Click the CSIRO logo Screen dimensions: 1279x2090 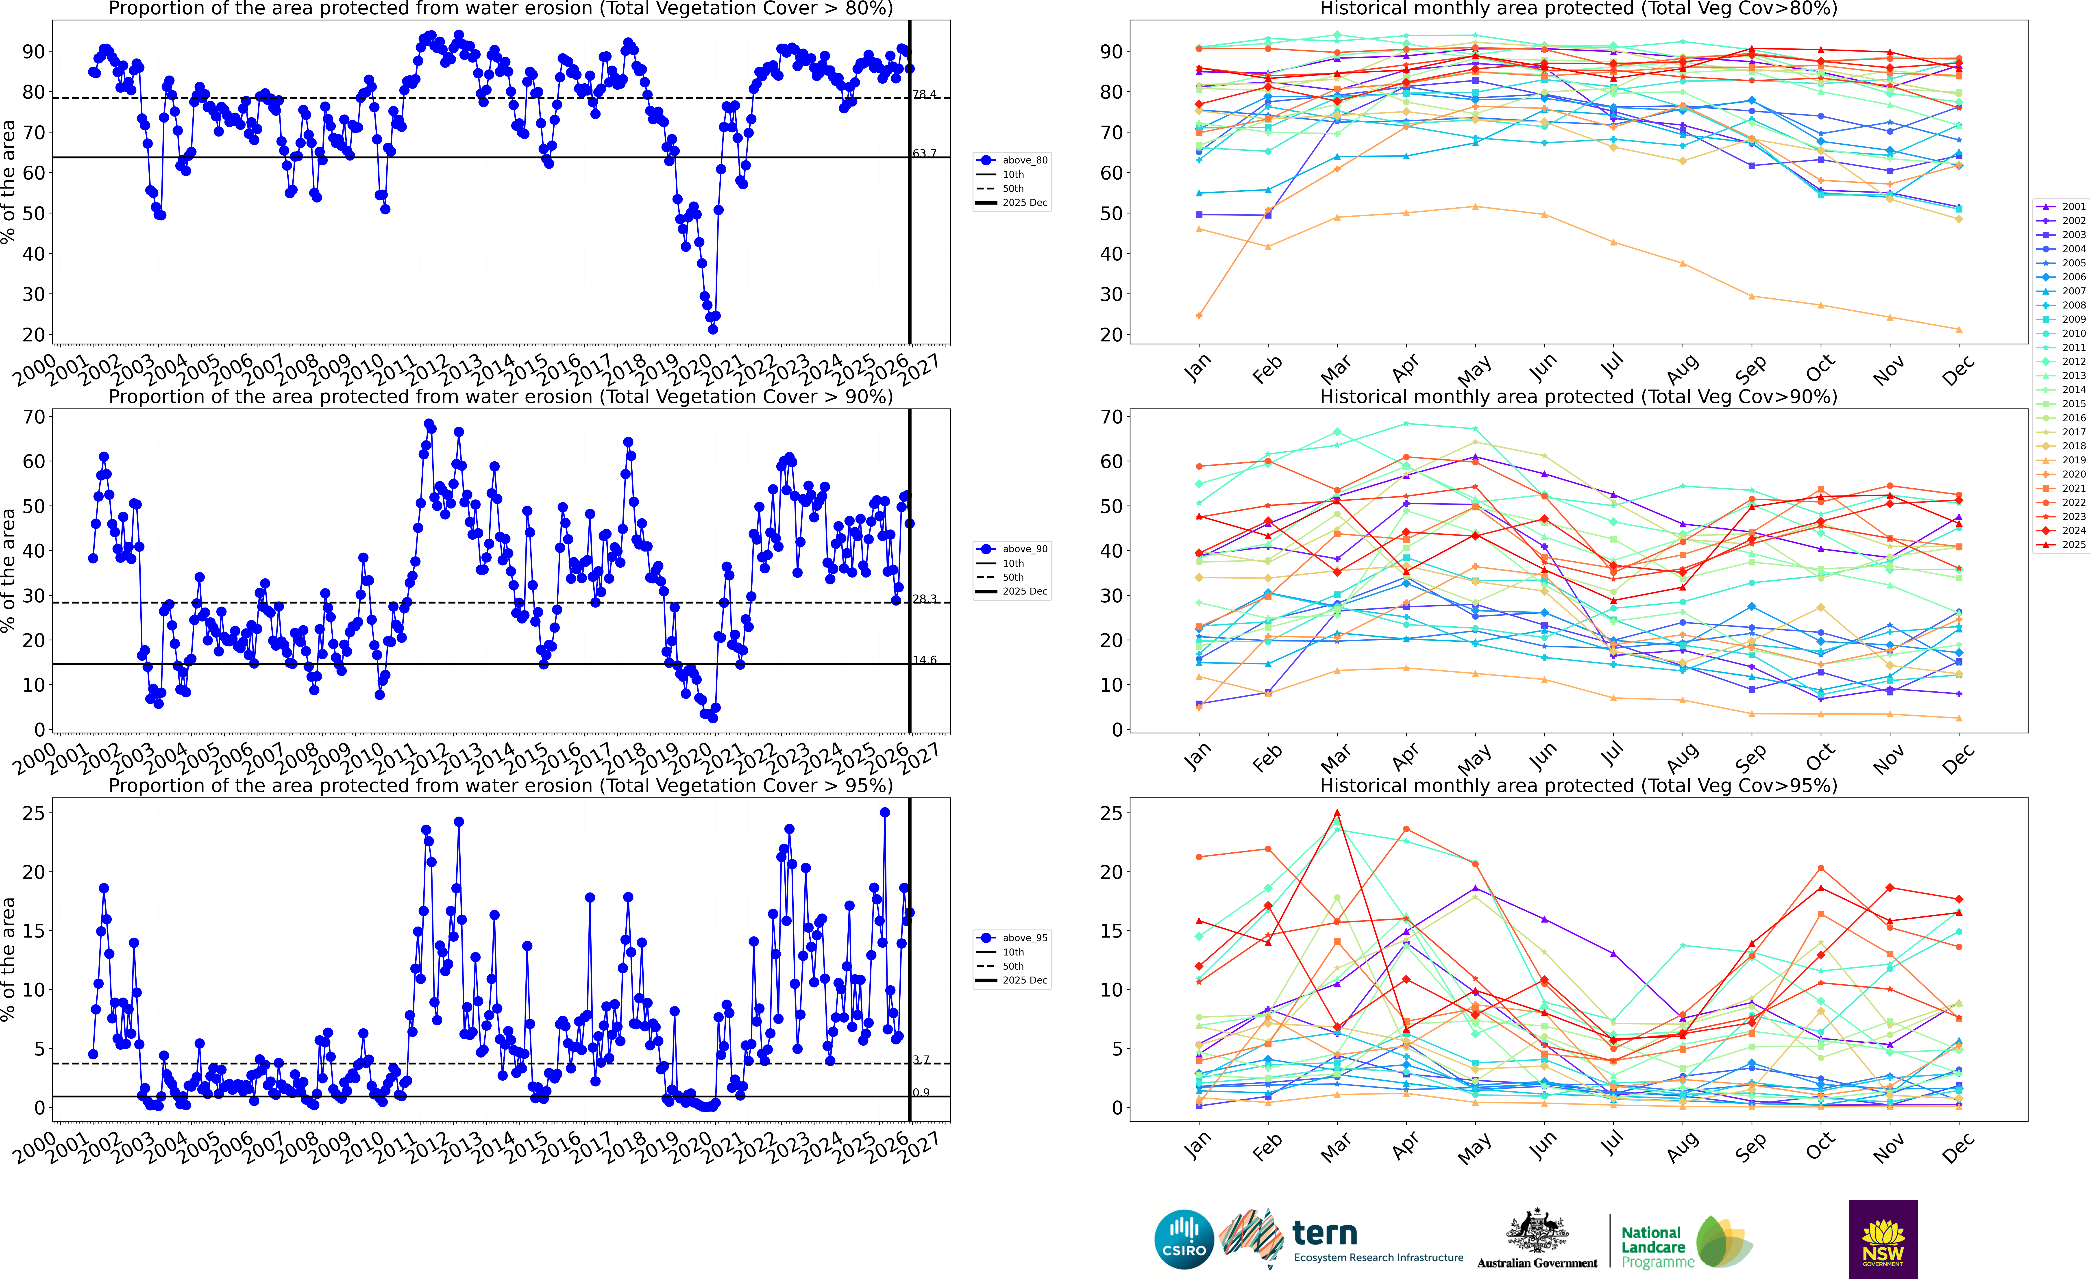(1184, 1239)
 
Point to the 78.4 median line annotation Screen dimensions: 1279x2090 (925, 94)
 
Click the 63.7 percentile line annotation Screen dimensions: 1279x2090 (925, 154)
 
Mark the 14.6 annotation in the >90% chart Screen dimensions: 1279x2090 (925, 660)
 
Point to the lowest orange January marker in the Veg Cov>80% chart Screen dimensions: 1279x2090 (1199, 315)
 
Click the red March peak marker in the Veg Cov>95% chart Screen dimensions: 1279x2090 (1337, 812)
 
